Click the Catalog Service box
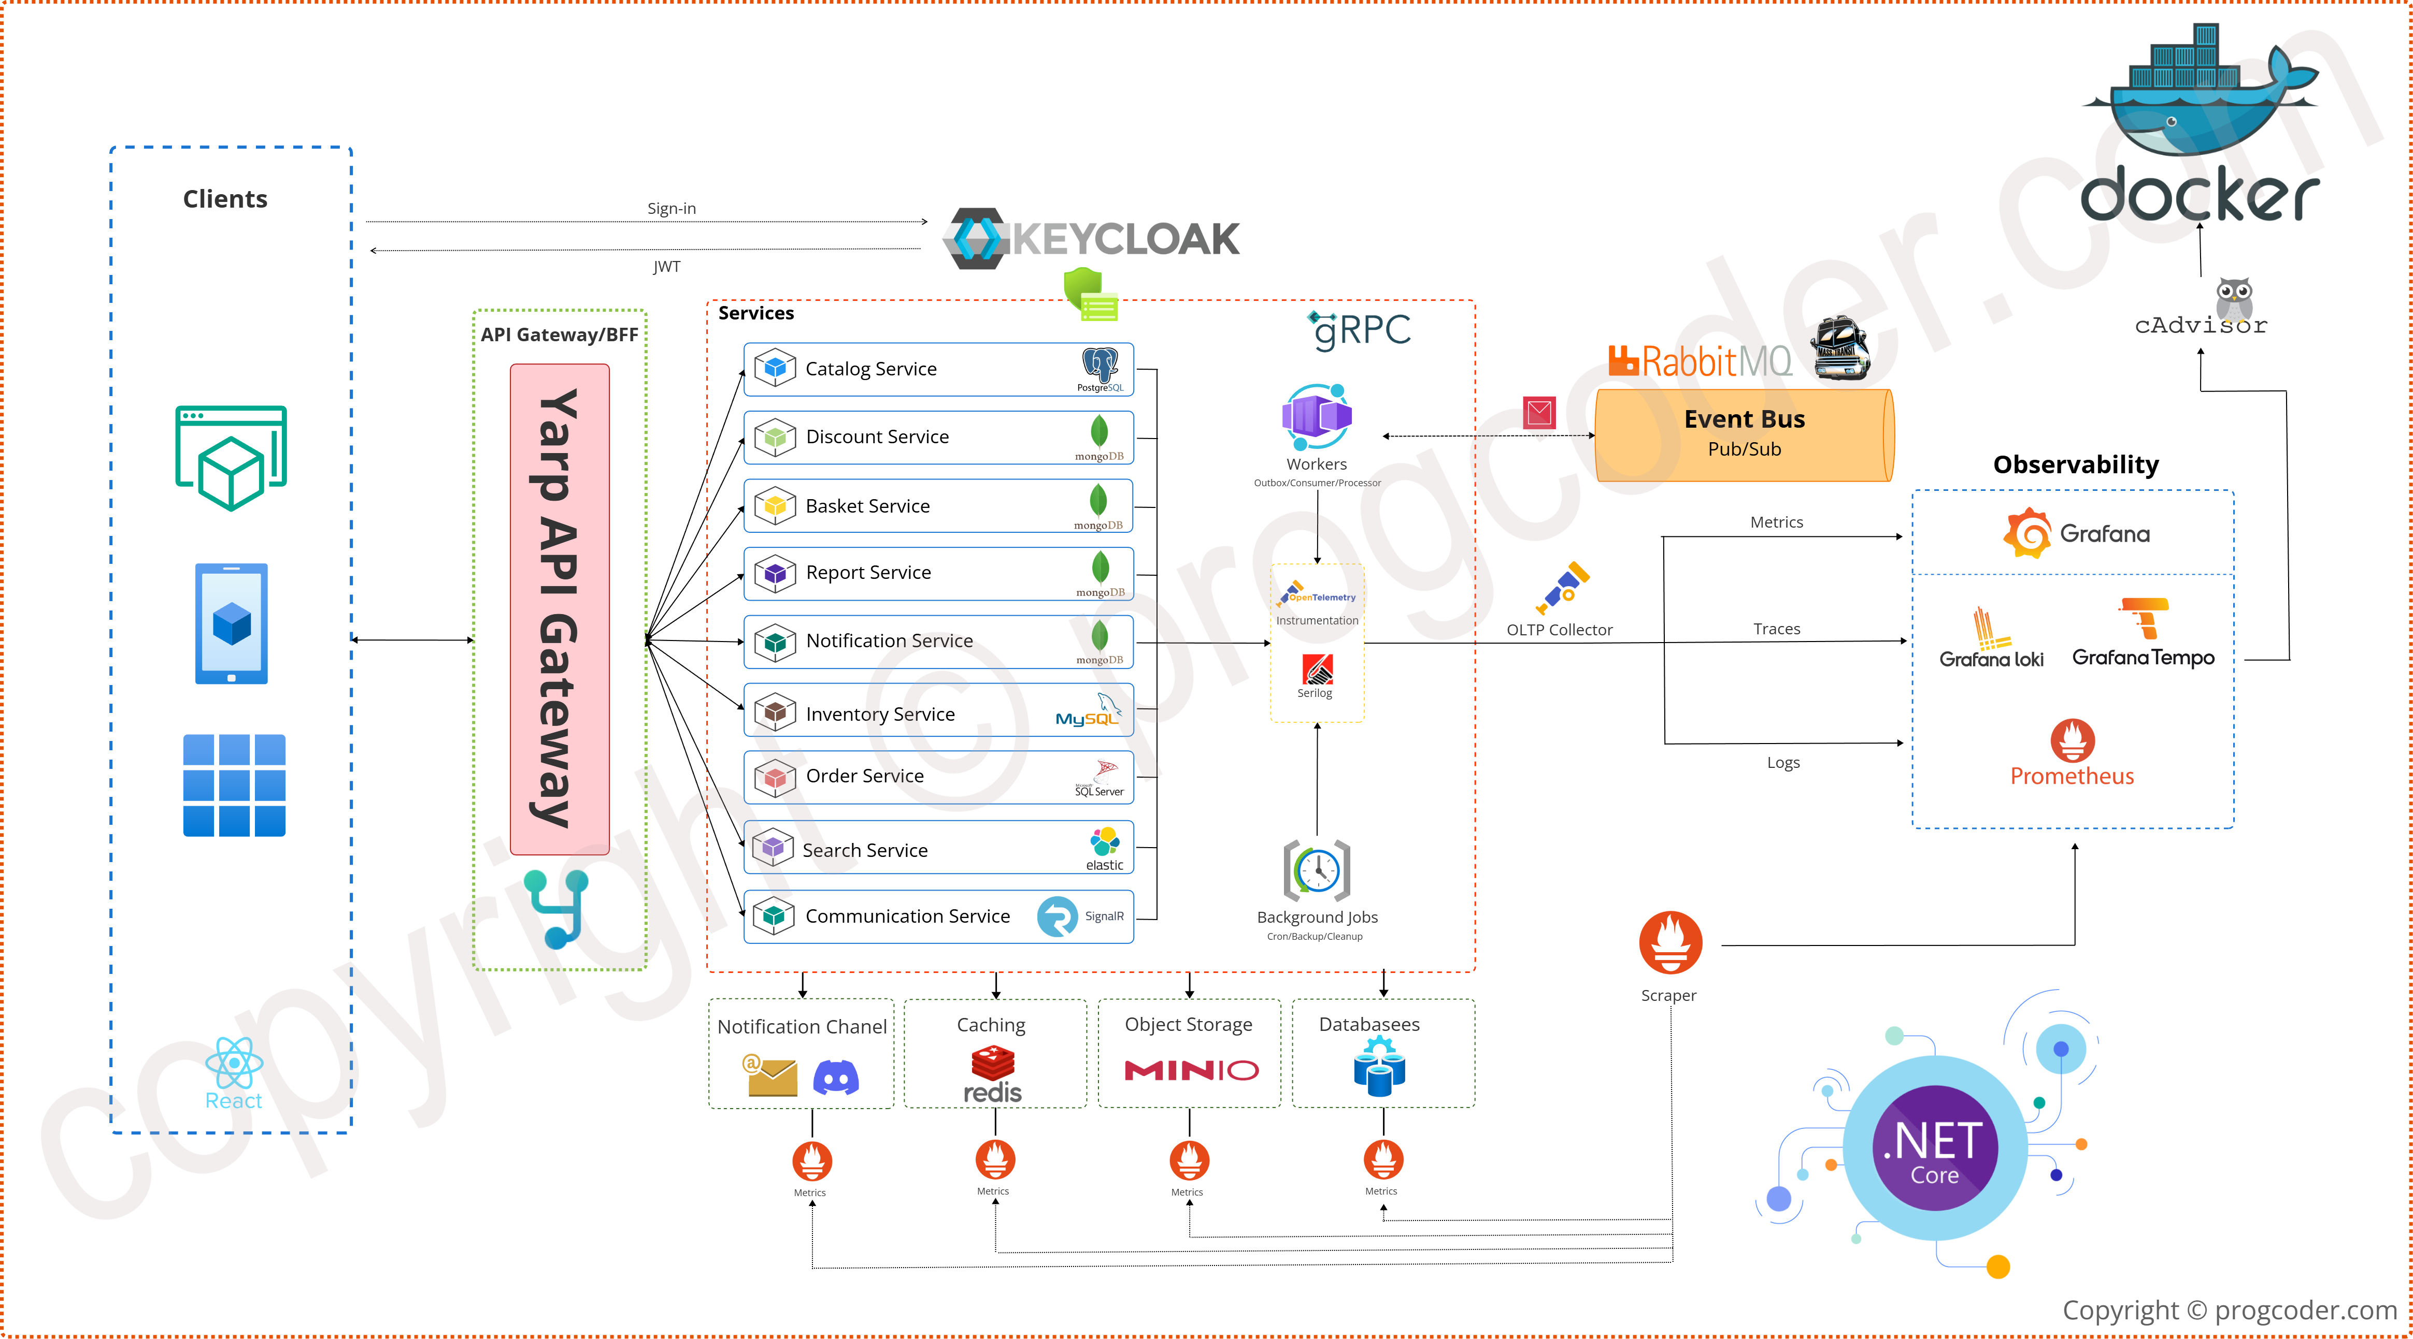pos(937,369)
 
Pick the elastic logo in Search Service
pos(1104,843)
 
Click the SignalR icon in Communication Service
pos(1058,916)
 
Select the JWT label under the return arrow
pos(666,267)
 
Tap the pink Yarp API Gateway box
pos(559,608)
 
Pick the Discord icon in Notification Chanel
pos(836,1078)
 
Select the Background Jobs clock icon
pos(1316,871)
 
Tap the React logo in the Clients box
pos(233,1063)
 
